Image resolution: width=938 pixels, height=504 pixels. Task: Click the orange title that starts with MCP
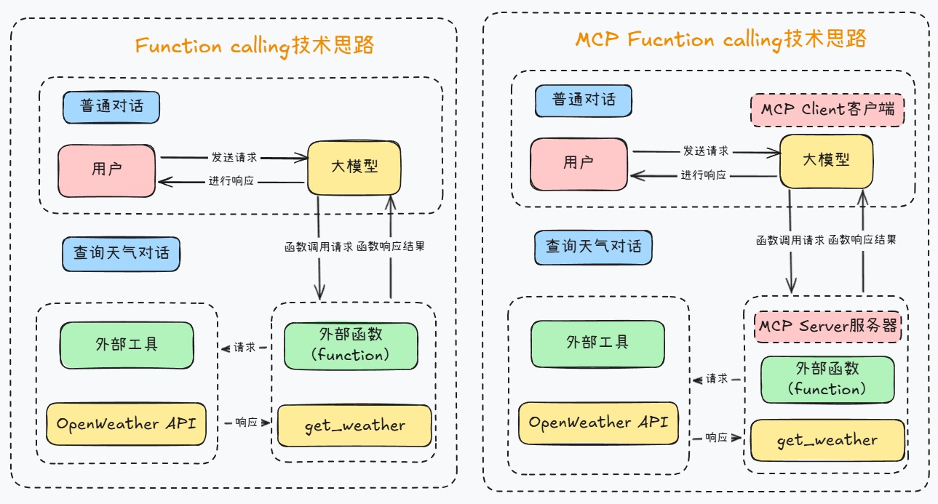pyautogui.click(x=721, y=39)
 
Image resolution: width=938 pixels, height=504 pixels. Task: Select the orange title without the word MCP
pyautogui.click(x=254, y=46)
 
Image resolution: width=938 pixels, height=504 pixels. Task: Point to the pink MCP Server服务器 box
pyautogui.click(x=828, y=326)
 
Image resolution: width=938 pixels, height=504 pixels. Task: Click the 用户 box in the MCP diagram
pyautogui.click(x=579, y=163)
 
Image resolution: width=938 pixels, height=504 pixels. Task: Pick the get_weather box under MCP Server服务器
pyautogui.click(x=827, y=440)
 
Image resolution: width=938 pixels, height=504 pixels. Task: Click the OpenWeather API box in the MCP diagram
pyautogui.click(x=598, y=423)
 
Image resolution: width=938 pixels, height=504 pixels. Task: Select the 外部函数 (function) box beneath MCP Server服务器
pyautogui.click(x=827, y=379)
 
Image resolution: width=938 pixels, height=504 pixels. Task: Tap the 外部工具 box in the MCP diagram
pyautogui.click(x=597, y=342)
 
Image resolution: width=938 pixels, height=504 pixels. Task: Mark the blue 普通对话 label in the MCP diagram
pyautogui.click(x=584, y=100)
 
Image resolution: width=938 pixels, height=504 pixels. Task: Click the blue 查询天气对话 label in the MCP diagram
pyautogui.click(x=594, y=247)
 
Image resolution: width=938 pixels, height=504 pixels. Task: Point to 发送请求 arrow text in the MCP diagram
pyautogui.click(x=705, y=151)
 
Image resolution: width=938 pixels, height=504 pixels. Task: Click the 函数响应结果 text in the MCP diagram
pyautogui.click(x=862, y=239)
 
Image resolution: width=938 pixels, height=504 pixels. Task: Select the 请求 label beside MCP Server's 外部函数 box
pyautogui.click(x=717, y=379)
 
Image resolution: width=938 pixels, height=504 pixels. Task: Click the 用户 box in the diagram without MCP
pyautogui.click(x=107, y=169)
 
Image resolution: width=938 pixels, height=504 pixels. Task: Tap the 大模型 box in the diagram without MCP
pyautogui.click(x=354, y=167)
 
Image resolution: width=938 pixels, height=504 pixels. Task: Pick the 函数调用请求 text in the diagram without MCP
pyautogui.click(x=318, y=246)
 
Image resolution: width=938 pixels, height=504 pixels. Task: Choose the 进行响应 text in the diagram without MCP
pyautogui.click(x=233, y=181)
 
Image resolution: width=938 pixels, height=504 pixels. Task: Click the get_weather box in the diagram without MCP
pyautogui.click(x=354, y=425)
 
